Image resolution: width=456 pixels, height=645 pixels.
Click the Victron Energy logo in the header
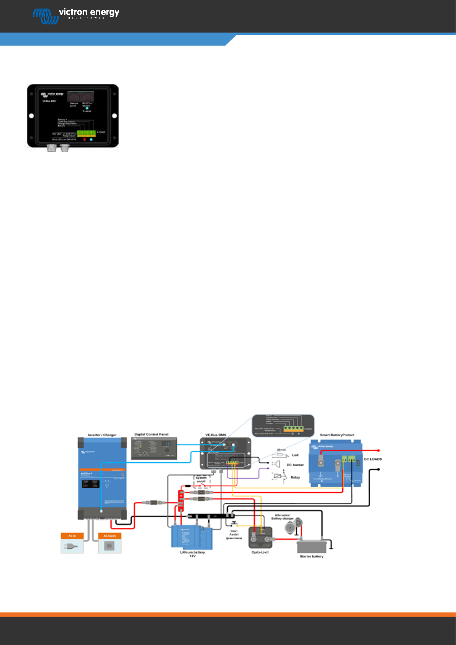(x=76, y=15)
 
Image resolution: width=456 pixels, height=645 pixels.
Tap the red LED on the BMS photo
(x=84, y=139)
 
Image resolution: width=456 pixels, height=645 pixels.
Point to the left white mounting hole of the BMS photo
(x=31, y=116)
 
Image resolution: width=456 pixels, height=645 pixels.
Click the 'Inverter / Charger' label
(x=102, y=435)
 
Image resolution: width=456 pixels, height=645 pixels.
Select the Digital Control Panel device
(x=154, y=448)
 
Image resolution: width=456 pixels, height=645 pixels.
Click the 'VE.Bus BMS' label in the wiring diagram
(x=216, y=435)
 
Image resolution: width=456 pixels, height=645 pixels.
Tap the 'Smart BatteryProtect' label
(x=337, y=435)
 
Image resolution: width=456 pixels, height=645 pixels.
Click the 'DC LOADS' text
(x=373, y=459)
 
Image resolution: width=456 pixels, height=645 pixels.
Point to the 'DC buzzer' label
(x=295, y=465)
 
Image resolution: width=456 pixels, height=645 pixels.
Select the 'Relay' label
(x=295, y=477)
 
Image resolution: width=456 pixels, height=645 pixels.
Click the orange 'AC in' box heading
(x=72, y=536)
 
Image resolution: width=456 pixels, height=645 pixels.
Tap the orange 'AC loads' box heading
(x=110, y=536)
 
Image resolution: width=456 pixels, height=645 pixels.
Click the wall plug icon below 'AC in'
(x=72, y=546)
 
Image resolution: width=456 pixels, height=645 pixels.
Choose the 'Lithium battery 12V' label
(x=192, y=554)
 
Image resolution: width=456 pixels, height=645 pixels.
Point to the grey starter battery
(x=312, y=546)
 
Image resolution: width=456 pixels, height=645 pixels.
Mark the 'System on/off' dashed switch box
(x=201, y=481)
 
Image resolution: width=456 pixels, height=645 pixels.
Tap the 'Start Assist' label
(x=234, y=533)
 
